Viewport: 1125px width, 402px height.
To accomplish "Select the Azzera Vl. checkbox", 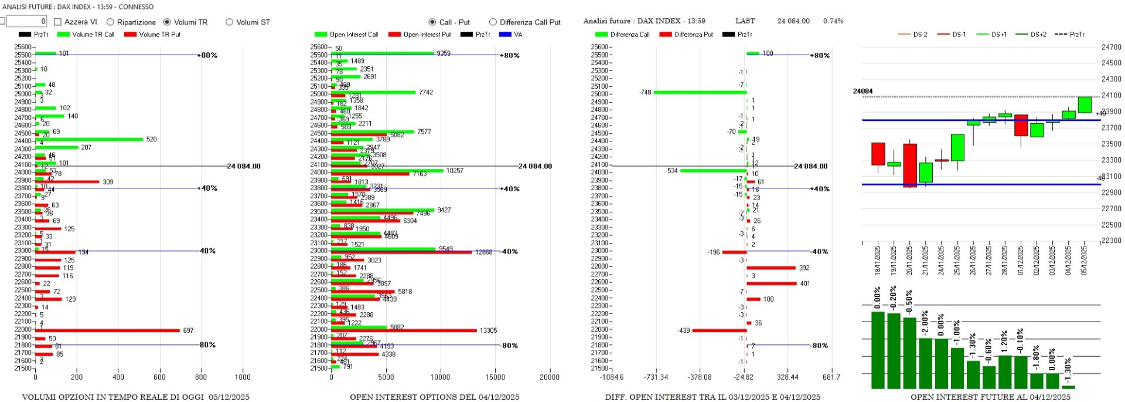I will point(58,22).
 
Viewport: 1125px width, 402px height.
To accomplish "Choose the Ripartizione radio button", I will point(110,22).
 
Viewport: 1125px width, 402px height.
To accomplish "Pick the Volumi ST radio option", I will point(229,22).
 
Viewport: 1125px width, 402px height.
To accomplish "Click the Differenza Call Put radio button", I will point(493,22).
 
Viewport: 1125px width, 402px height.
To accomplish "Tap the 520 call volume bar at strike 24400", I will point(89,139).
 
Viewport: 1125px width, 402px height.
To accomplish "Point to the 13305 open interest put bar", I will point(404,330).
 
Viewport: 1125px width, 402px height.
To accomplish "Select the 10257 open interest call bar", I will point(387,170).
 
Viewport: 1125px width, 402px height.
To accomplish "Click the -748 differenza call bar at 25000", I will point(700,92).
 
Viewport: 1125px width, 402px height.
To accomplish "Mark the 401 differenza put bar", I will point(771,283).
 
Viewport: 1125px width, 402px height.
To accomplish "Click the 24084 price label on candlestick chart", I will point(862,92).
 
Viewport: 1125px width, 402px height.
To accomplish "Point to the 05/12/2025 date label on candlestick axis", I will point(1083,260).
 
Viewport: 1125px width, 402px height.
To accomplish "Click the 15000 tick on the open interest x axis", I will point(495,377).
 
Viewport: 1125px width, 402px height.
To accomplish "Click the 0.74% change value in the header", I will point(833,21).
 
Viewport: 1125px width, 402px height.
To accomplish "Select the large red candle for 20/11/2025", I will point(909,165).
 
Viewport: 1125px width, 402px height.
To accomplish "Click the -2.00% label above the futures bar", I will point(925,322).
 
